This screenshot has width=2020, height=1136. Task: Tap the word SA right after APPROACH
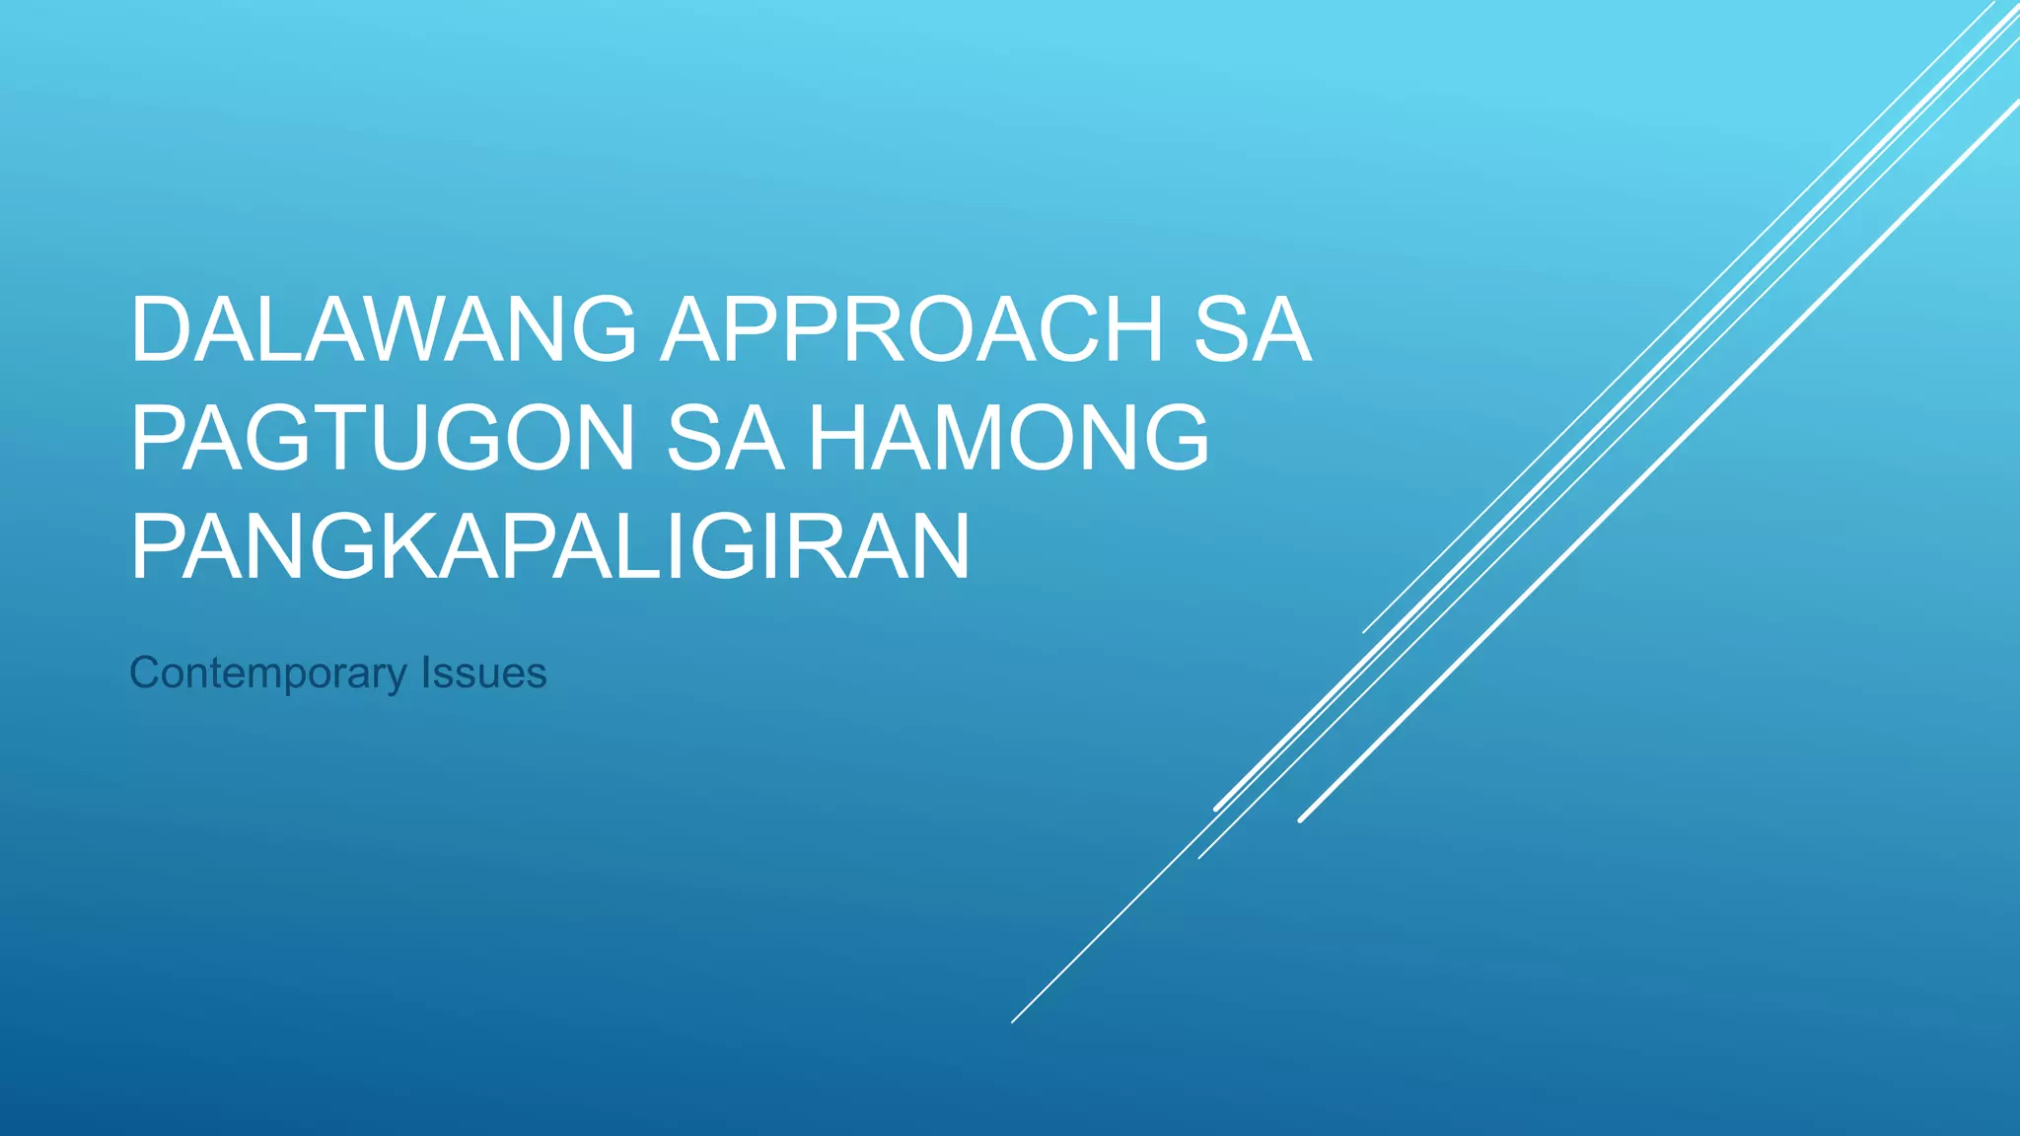pos(1253,330)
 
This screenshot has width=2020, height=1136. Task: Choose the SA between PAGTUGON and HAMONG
pos(725,439)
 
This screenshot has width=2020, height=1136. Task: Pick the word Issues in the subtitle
pos(483,674)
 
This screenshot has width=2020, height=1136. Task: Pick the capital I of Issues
pos(426,674)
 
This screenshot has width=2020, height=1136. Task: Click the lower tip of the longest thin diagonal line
pos(1013,1022)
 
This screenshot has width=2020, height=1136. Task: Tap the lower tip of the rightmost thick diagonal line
pos(1301,819)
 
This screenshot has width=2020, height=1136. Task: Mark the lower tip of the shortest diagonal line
pos(1364,632)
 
